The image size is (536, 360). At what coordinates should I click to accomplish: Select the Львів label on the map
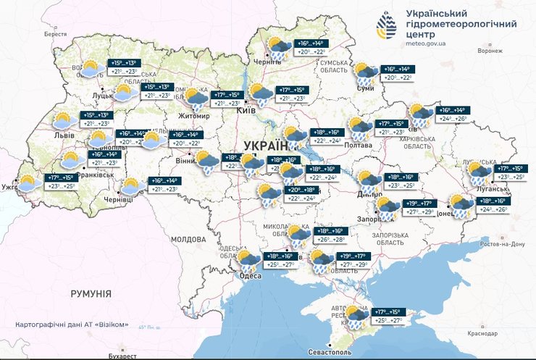54,135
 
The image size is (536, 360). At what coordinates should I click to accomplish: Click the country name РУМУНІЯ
91,293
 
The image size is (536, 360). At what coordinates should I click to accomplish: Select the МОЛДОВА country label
188,238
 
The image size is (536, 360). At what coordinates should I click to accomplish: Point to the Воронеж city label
490,51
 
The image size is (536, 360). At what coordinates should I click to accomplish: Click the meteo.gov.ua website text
426,43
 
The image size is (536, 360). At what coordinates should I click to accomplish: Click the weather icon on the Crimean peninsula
354,316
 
